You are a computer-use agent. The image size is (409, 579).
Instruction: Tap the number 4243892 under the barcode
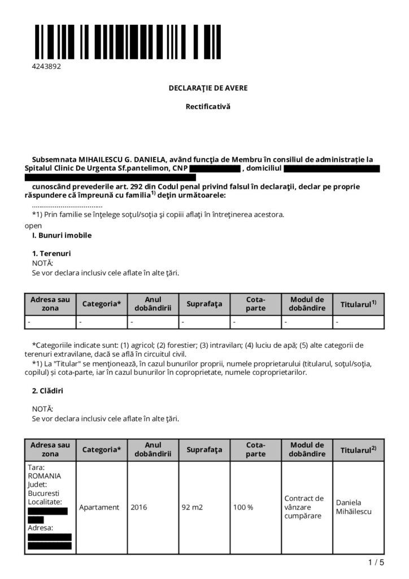pyautogui.click(x=46, y=66)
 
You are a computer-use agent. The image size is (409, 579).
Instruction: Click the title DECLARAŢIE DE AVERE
pyautogui.click(x=208, y=88)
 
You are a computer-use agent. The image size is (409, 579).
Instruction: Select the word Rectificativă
pyautogui.click(x=208, y=106)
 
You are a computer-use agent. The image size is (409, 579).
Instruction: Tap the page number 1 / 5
pyautogui.click(x=376, y=563)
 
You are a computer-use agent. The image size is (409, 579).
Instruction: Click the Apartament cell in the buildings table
pyautogui.click(x=99, y=507)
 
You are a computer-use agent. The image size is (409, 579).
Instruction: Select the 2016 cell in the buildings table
pyautogui.click(x=138, y=507)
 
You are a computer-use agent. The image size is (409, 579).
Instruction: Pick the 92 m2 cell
pyautogui.click(x=192, y=507)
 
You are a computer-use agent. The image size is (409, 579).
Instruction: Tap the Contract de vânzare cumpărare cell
pyautogui.click(x=304, y=507)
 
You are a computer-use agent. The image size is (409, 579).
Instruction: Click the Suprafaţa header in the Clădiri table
pyautogui.click(x=204, y=450)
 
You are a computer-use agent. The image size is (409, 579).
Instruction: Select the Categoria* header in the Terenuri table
pyautogui.click(x=102, y=304)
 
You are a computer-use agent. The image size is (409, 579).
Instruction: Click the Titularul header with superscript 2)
pyautogui.click(x=358, y=450)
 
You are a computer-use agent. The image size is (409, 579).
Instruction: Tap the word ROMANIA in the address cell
pyautogui.click(x=44, y=476)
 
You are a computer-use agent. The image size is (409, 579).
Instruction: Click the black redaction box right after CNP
pyautogui.click(x=215, y=168)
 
